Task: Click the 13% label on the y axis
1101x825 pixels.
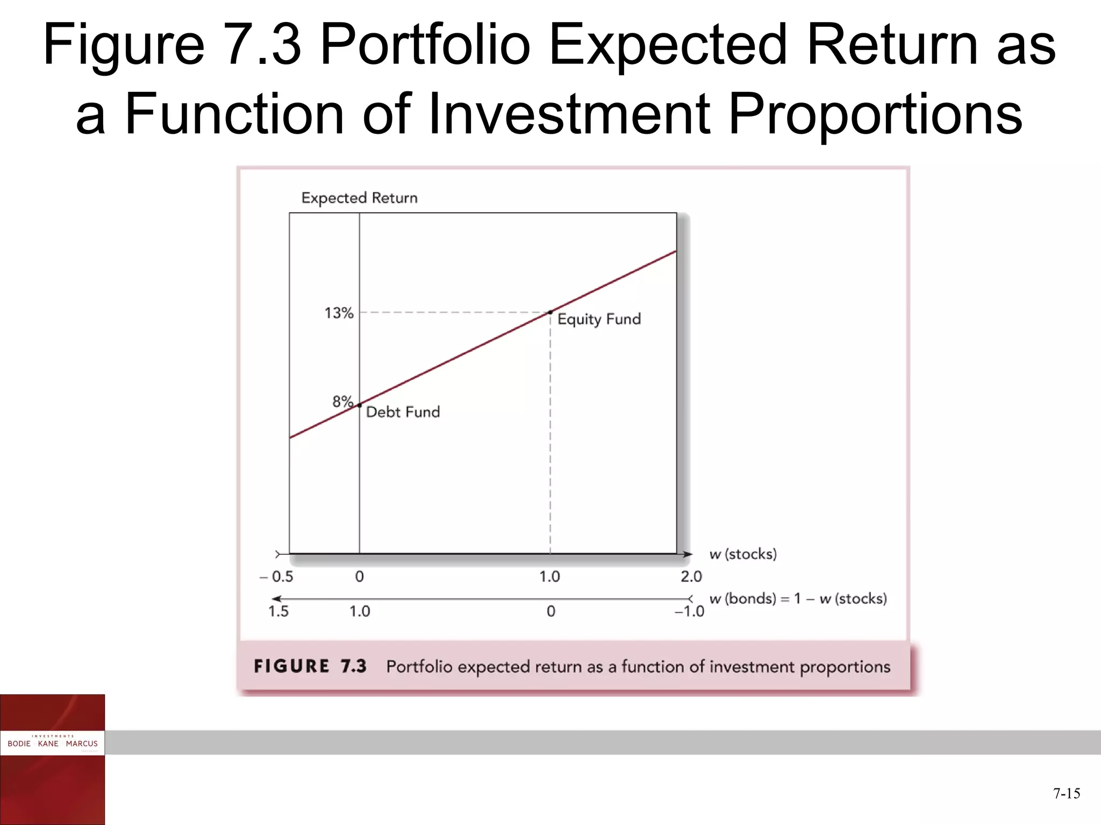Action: pyautogui.click(x=339, y=313)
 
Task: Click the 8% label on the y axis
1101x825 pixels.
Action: pyautogui.click(x=342, y=401)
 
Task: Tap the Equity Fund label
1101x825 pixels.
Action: pyautogui.click(x=599, y=319)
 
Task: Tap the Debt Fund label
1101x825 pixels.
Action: pyautogui.click(x=403, y=412)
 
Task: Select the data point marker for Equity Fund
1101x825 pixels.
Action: pyautogui.click(x=550, y=312)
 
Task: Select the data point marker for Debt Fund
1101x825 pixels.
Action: pyautogui.click(x=360, y=405)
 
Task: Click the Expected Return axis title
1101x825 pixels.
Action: pyautogui.click(x=359, y=198)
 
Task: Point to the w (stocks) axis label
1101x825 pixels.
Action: pyautogui.click(x=743, y=554)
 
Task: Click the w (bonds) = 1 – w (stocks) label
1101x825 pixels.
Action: pyautogui.click(x=798, y=598)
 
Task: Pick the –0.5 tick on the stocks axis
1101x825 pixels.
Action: pyautogui.click(x=276, y=577)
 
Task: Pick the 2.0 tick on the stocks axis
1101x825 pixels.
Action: pyautogui.click(x=691, y=577)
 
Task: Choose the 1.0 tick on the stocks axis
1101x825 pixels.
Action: pyautogui.click(x=549, y=577)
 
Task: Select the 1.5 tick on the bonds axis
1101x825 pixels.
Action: pyautogui.click(x=278, y=611)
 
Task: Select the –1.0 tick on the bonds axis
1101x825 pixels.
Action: pyautogui.click(x=689, y=611)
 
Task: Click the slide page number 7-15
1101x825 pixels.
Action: pyautogui.click(x=1067, y=793)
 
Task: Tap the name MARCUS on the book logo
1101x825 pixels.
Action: pyautogui.click(x=82, y=744)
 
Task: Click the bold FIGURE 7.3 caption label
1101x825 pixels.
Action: pyautogui.click(x=310, y=667)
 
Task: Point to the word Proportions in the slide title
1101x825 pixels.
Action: pyautogui.click(x=875, y=114)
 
